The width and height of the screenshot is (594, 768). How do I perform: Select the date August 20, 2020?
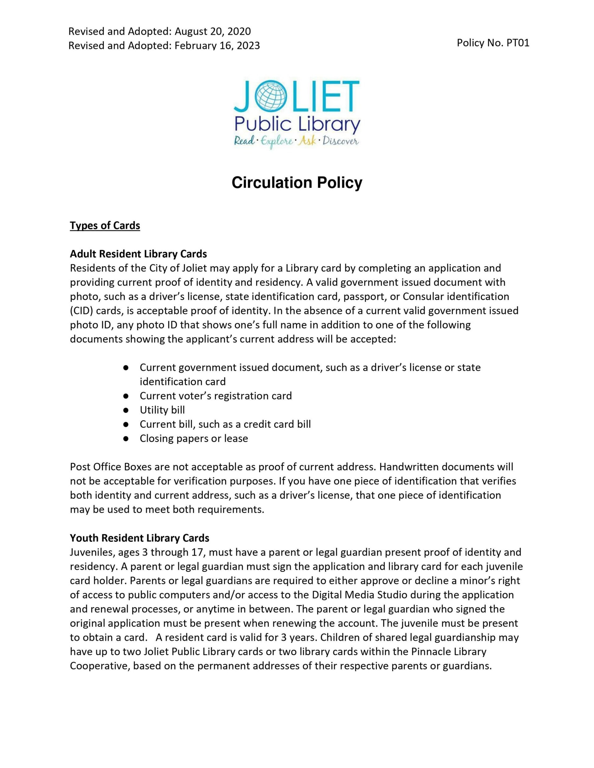click(213, 32)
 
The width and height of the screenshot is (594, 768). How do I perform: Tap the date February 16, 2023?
click(217, 46)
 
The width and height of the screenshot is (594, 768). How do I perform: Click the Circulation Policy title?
click(297, 183)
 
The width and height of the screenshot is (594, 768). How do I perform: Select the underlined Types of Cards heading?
click(105, 225)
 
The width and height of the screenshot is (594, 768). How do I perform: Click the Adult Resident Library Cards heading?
click(138, 254)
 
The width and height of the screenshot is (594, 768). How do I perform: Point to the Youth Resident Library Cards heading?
click(140, 538)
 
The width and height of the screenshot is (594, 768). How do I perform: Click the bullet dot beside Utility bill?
click(126, 410)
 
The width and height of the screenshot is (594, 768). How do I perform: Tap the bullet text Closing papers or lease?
click(194, 439)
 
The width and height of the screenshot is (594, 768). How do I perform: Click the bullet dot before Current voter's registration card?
click(126, 396)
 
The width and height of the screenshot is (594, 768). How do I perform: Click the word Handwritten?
click(409, 467)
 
